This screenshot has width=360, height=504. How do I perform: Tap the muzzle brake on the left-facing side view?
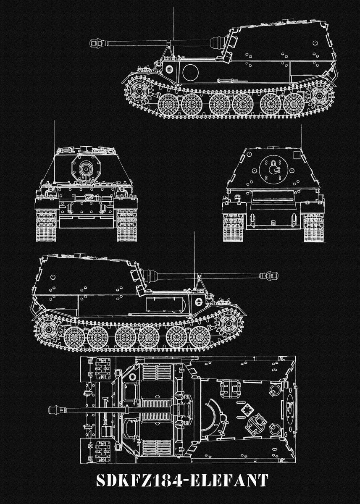click(x=97, y=43)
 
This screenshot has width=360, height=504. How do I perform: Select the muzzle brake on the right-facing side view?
click(x=271, y=276)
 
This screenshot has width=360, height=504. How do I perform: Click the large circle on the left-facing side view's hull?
click(x=191, y=72)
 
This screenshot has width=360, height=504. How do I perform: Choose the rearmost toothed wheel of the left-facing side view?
click(x=319, y=96)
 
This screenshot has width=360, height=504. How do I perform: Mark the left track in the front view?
click(x=46, y=225)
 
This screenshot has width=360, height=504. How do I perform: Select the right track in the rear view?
click(x=314, y=228)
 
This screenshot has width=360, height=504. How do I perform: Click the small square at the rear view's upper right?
click(x=297, y=155)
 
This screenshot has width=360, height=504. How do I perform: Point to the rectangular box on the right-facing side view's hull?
click(x=166, y=305)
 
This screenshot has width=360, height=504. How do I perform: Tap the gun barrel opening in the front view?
click(x=86, y=168)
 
